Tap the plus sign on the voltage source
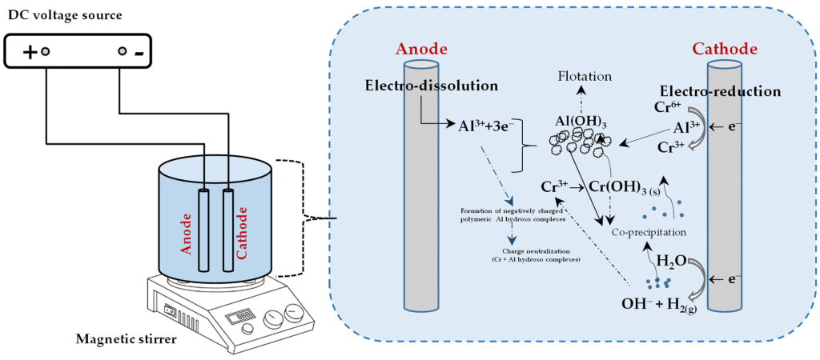(29, 52)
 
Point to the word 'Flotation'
(585, 76)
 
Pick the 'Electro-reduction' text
(720, 91)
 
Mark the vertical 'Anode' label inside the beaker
(187, 233)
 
